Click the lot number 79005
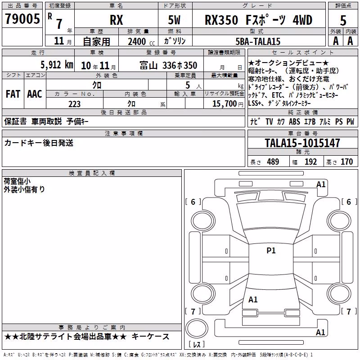click(x=22, y=18)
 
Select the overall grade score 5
click(x=343, y=20)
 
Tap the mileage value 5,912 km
click(x=57, y=65)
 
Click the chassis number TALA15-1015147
click(x=302, y=143)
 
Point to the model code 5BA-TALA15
click(x=258, y=41)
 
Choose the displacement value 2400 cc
click(x=141, y=41)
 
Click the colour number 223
click(x=74, y=104)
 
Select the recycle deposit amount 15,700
click(x=224, y=103)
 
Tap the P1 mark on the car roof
click(x=271, y=251)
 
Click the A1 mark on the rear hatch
click(x=253, y=299)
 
